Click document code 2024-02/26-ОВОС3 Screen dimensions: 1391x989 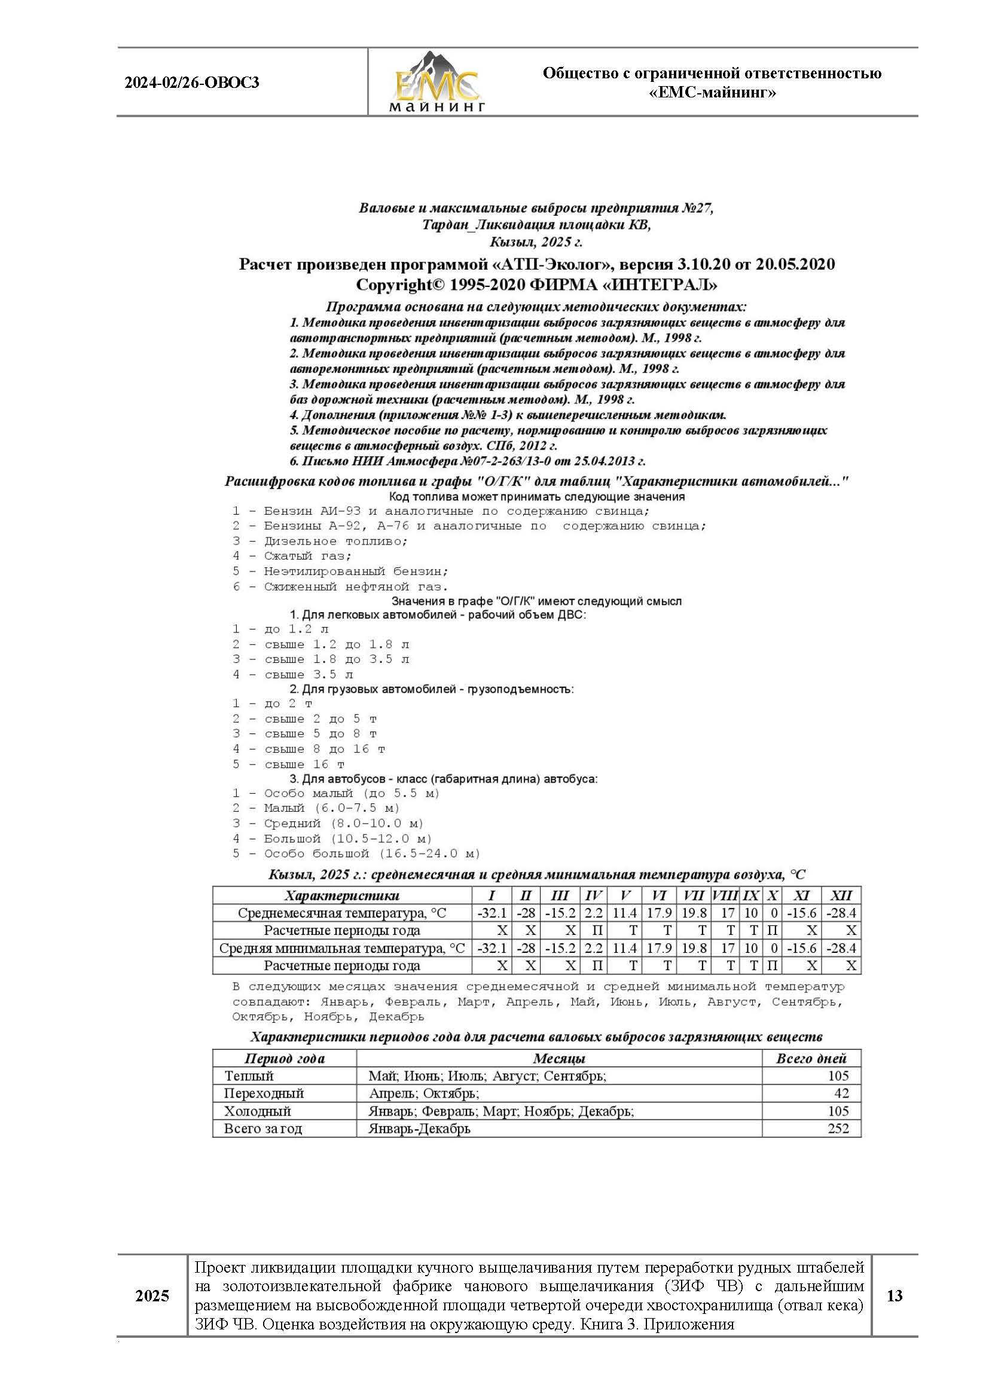coord(192,82)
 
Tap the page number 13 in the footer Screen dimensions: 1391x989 coord(894,1295)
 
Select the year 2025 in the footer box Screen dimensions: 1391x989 coord(152,1296)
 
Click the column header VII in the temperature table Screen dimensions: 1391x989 coord(694,895)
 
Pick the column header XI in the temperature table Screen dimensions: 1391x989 coord(801,895)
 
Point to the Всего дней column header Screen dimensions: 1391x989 coord(811,1058)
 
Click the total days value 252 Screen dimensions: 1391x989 coord(838,1128)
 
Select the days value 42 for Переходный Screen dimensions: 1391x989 coord(841,1093)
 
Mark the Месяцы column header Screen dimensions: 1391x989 coord(559,1058)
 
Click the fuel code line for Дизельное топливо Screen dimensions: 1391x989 coord(320,541)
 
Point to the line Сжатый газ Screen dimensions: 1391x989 coord(292,556)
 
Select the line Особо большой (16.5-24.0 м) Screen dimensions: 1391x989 coord(356,854)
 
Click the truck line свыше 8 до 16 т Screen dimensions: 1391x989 coord(309,749)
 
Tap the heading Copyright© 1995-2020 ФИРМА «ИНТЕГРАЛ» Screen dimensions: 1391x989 coord(536,285)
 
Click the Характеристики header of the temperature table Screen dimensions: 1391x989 coord(341,895)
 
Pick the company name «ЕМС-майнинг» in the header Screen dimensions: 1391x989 coord(712,93)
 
